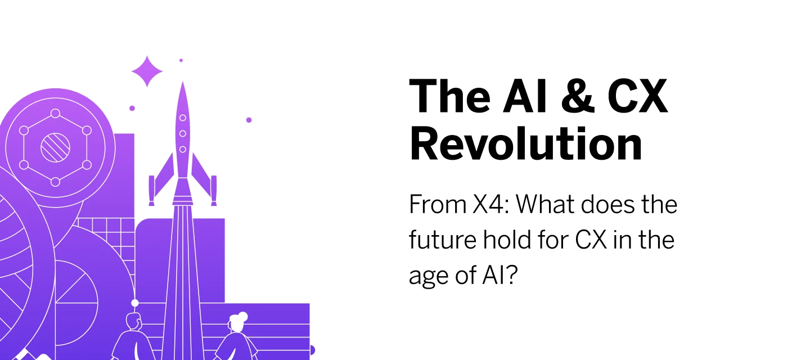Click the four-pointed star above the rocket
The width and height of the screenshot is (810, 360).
(147, 71)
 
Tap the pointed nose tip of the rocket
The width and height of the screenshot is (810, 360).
(182, 84)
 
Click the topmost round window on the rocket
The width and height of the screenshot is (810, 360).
(182, 119)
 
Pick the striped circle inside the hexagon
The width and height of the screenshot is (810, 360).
(55, 147)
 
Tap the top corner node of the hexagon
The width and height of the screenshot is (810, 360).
(55, 113)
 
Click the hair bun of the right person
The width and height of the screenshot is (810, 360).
(243, 316)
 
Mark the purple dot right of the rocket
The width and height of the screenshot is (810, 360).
(249, 120)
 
